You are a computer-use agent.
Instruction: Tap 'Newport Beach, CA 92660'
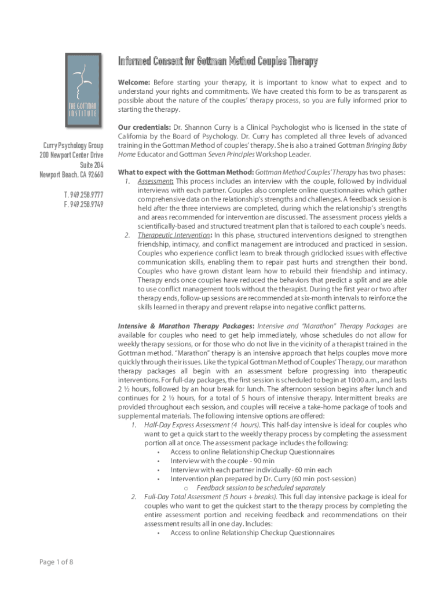click(71, 175)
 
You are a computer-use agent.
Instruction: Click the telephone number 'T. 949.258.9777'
click(84, 195)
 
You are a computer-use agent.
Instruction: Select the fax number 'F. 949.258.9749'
click(84, 204)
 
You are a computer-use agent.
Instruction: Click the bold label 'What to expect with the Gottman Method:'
click(185, 172)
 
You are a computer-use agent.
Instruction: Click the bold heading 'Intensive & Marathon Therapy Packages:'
click(185, 326)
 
